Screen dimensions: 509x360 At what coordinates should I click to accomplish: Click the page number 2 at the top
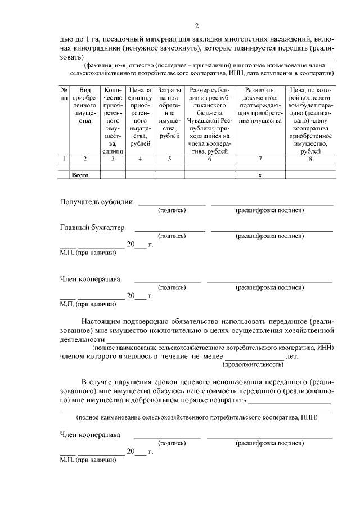point(197,25)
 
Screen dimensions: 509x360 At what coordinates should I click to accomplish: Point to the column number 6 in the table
point(209,159)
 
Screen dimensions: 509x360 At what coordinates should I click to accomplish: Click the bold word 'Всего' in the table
point(80,175)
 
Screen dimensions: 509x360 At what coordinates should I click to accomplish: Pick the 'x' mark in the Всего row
point(260,175)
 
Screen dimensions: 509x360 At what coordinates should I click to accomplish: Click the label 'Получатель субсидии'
point(96,202)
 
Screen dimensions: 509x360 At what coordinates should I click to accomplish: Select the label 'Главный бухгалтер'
point(92,228)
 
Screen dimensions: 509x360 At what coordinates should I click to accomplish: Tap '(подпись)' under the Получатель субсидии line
point(172,210)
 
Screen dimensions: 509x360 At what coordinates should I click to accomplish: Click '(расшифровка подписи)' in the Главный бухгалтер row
point(270,236)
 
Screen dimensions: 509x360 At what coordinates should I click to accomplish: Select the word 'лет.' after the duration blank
point(292,357)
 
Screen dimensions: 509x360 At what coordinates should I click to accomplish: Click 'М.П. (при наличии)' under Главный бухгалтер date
point(88,253)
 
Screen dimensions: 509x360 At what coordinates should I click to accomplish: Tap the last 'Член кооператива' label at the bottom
point(90,435)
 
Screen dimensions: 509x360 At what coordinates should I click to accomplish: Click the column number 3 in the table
point(113,159)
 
